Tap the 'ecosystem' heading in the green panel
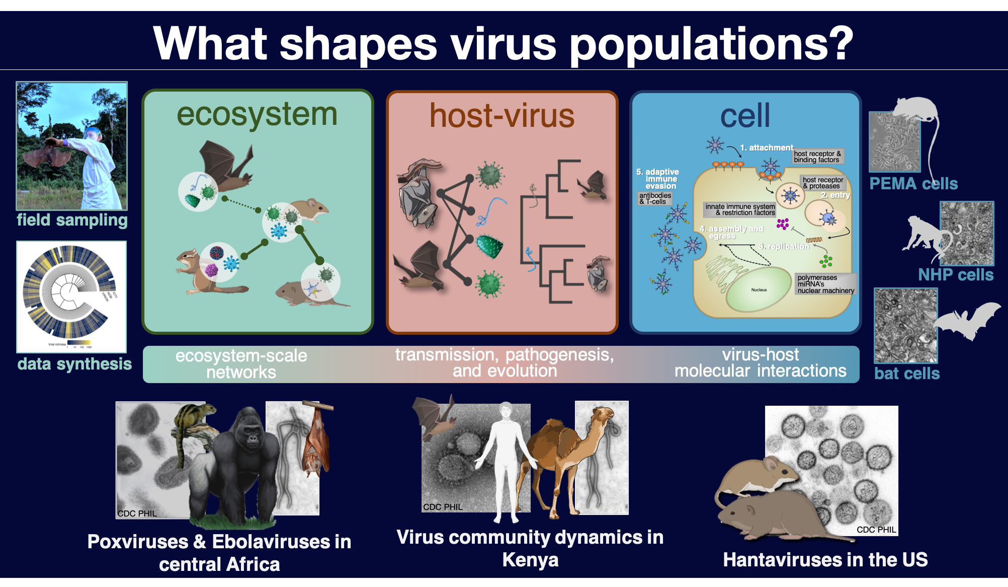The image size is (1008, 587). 257,115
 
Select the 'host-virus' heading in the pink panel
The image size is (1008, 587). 501,116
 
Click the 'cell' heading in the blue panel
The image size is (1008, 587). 745,116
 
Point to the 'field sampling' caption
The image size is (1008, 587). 72,221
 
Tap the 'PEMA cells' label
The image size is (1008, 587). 913,184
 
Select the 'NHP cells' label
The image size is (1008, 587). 956,275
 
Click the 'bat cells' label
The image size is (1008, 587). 907,374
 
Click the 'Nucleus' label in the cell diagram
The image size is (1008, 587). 759,290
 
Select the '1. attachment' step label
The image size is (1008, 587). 766,148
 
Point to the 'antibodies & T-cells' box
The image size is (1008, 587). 654,198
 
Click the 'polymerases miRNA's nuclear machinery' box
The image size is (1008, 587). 825,284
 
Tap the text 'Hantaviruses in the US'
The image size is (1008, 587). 825,560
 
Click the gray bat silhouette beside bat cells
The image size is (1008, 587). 968,320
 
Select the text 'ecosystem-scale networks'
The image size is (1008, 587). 241,363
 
